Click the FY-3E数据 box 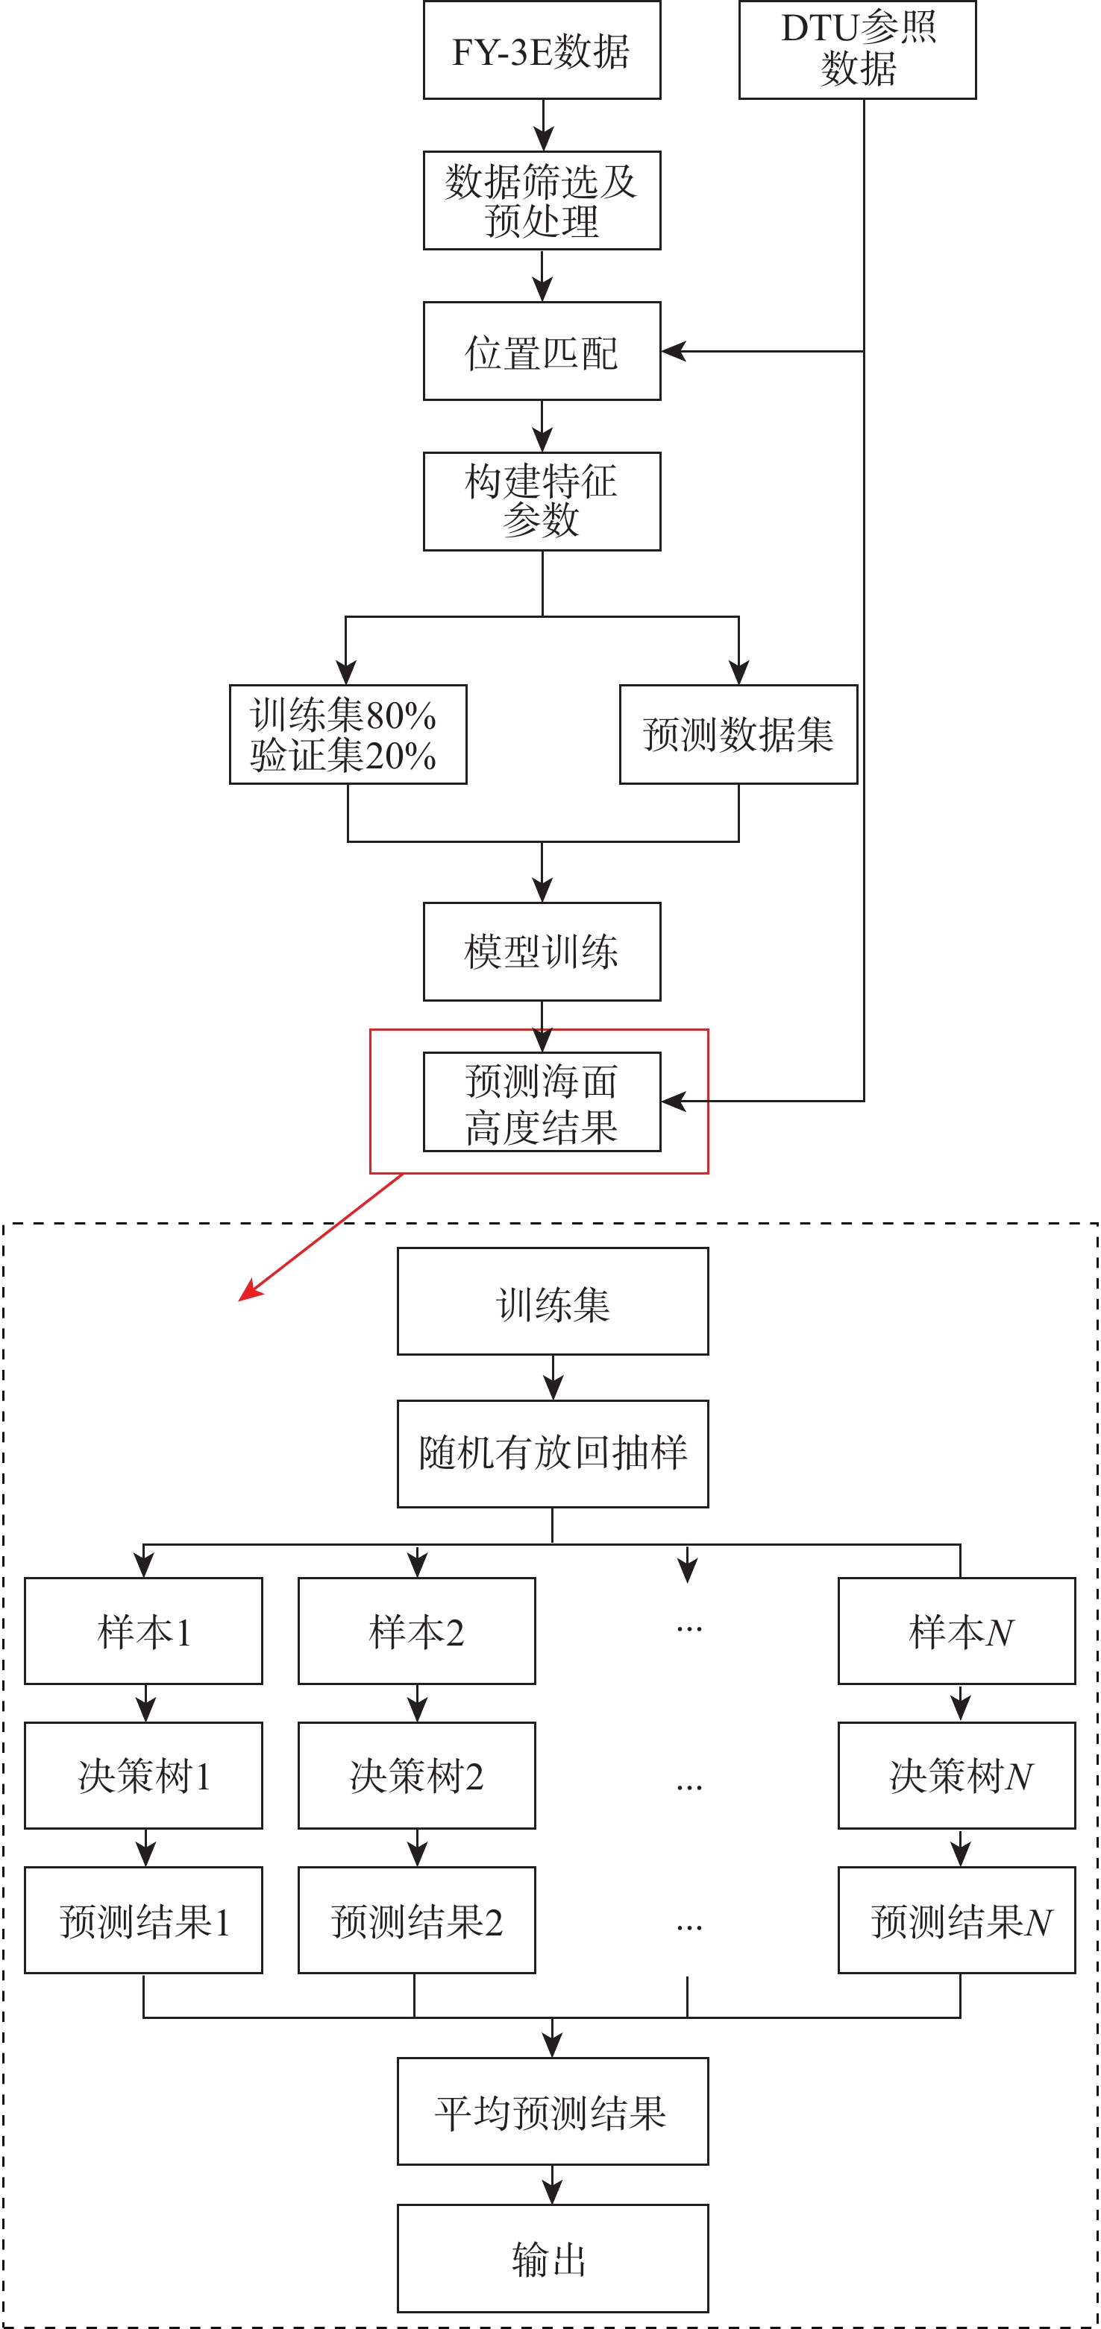(542, 51)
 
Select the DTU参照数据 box (857, 50)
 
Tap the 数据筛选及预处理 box (542, 200)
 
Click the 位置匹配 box (542, 351)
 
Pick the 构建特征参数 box (542, 501)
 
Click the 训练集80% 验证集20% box (348, 734)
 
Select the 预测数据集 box (738, 734)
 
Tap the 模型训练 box (542, 951)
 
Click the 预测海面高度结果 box (542, 1102)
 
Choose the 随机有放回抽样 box (553, 1454)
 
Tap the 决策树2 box (416, 1776)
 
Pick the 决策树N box (956, 1776)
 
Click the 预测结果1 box (143, 1921)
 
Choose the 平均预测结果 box (553, 2112)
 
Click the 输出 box (553, 2257)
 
